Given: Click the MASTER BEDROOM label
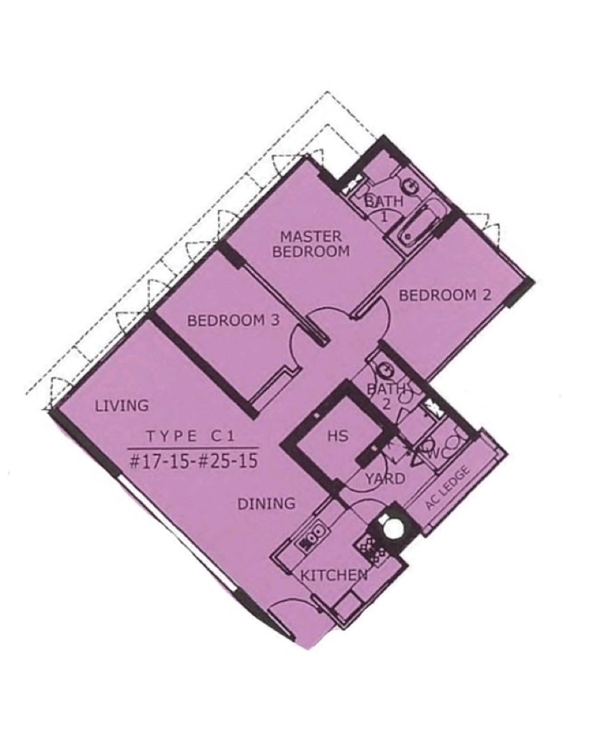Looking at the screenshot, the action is [x=311, y=243].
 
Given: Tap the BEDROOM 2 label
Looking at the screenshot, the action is [x=445, y=295].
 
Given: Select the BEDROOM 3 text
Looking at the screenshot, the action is [x=233, y=321].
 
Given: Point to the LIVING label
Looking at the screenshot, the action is [x=122, y=405].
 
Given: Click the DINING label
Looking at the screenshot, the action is [x=266, y=504].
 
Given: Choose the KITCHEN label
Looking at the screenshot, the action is [x=334, y=575].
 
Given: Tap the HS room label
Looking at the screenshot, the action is [x=338, y=435].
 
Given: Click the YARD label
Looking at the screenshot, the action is [x=385, y=479].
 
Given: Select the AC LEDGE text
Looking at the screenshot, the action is [x=448, y=488].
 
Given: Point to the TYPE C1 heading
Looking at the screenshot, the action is [x=191, y=436].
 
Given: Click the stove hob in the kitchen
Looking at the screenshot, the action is [x=371, y=550].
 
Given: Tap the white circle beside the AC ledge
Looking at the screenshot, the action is [x=391, y=527].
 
